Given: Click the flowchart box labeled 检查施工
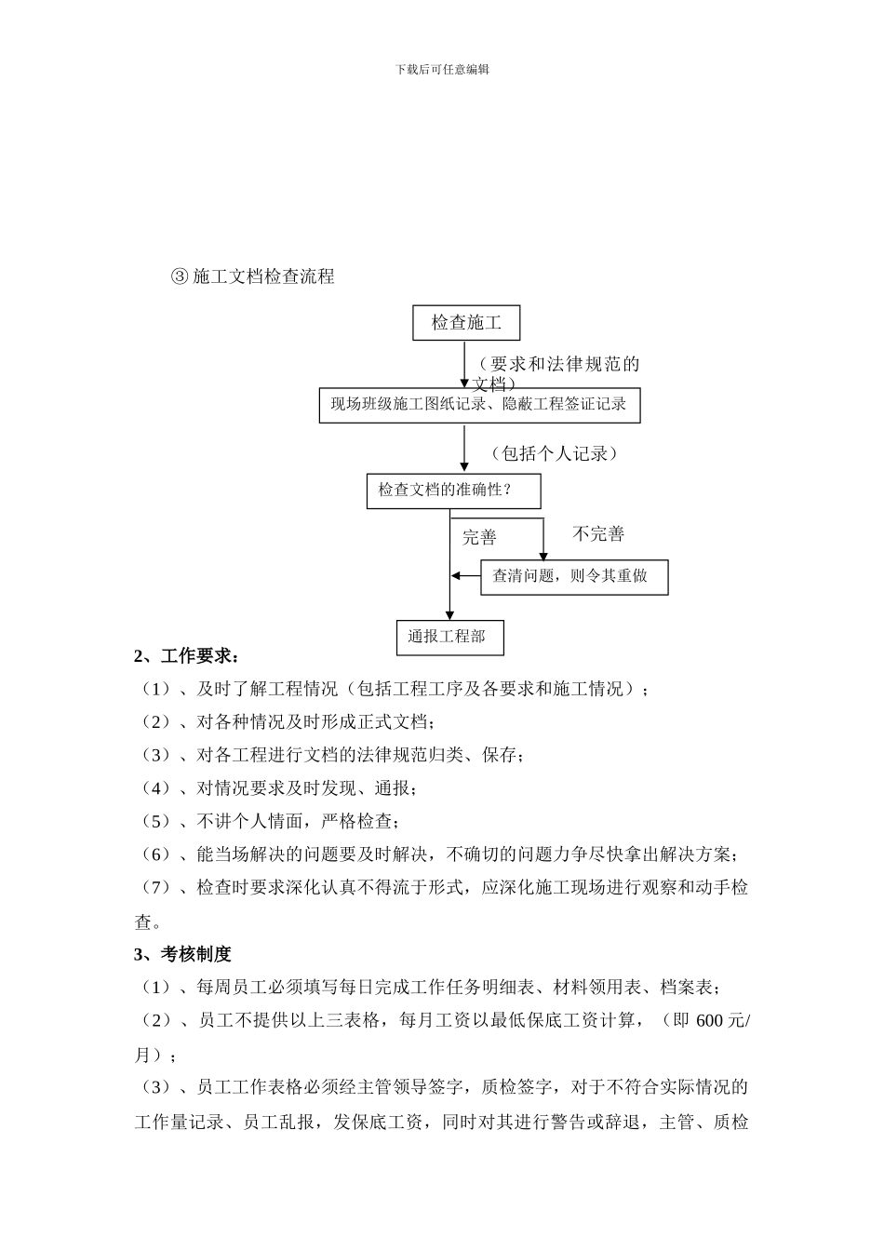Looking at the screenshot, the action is tap(466, 323).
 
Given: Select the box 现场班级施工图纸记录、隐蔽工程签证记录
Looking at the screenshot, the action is tap(479, 405).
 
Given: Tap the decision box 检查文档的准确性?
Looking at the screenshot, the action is tap(453, 491).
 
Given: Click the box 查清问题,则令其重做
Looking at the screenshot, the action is tap(573, 576).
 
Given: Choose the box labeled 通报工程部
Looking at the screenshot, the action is tap(449, 638).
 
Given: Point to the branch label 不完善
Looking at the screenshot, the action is tap(598, 534).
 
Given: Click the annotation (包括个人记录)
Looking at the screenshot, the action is tap(555, 453).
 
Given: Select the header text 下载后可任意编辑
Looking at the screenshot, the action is tap(442, 69).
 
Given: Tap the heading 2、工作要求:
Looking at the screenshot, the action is tap(186, 656).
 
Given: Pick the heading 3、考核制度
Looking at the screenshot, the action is tap(182, 954).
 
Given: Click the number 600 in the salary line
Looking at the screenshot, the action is tap(709, 1021).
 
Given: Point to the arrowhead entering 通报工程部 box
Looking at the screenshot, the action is tap(449, 614).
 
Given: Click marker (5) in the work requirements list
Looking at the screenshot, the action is tap(152, 822).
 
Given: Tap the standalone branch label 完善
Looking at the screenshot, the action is tap(480, 537).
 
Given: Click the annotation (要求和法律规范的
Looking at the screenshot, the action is tap(559, 364).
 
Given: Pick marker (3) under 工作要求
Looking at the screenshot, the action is tap(152, 755).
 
